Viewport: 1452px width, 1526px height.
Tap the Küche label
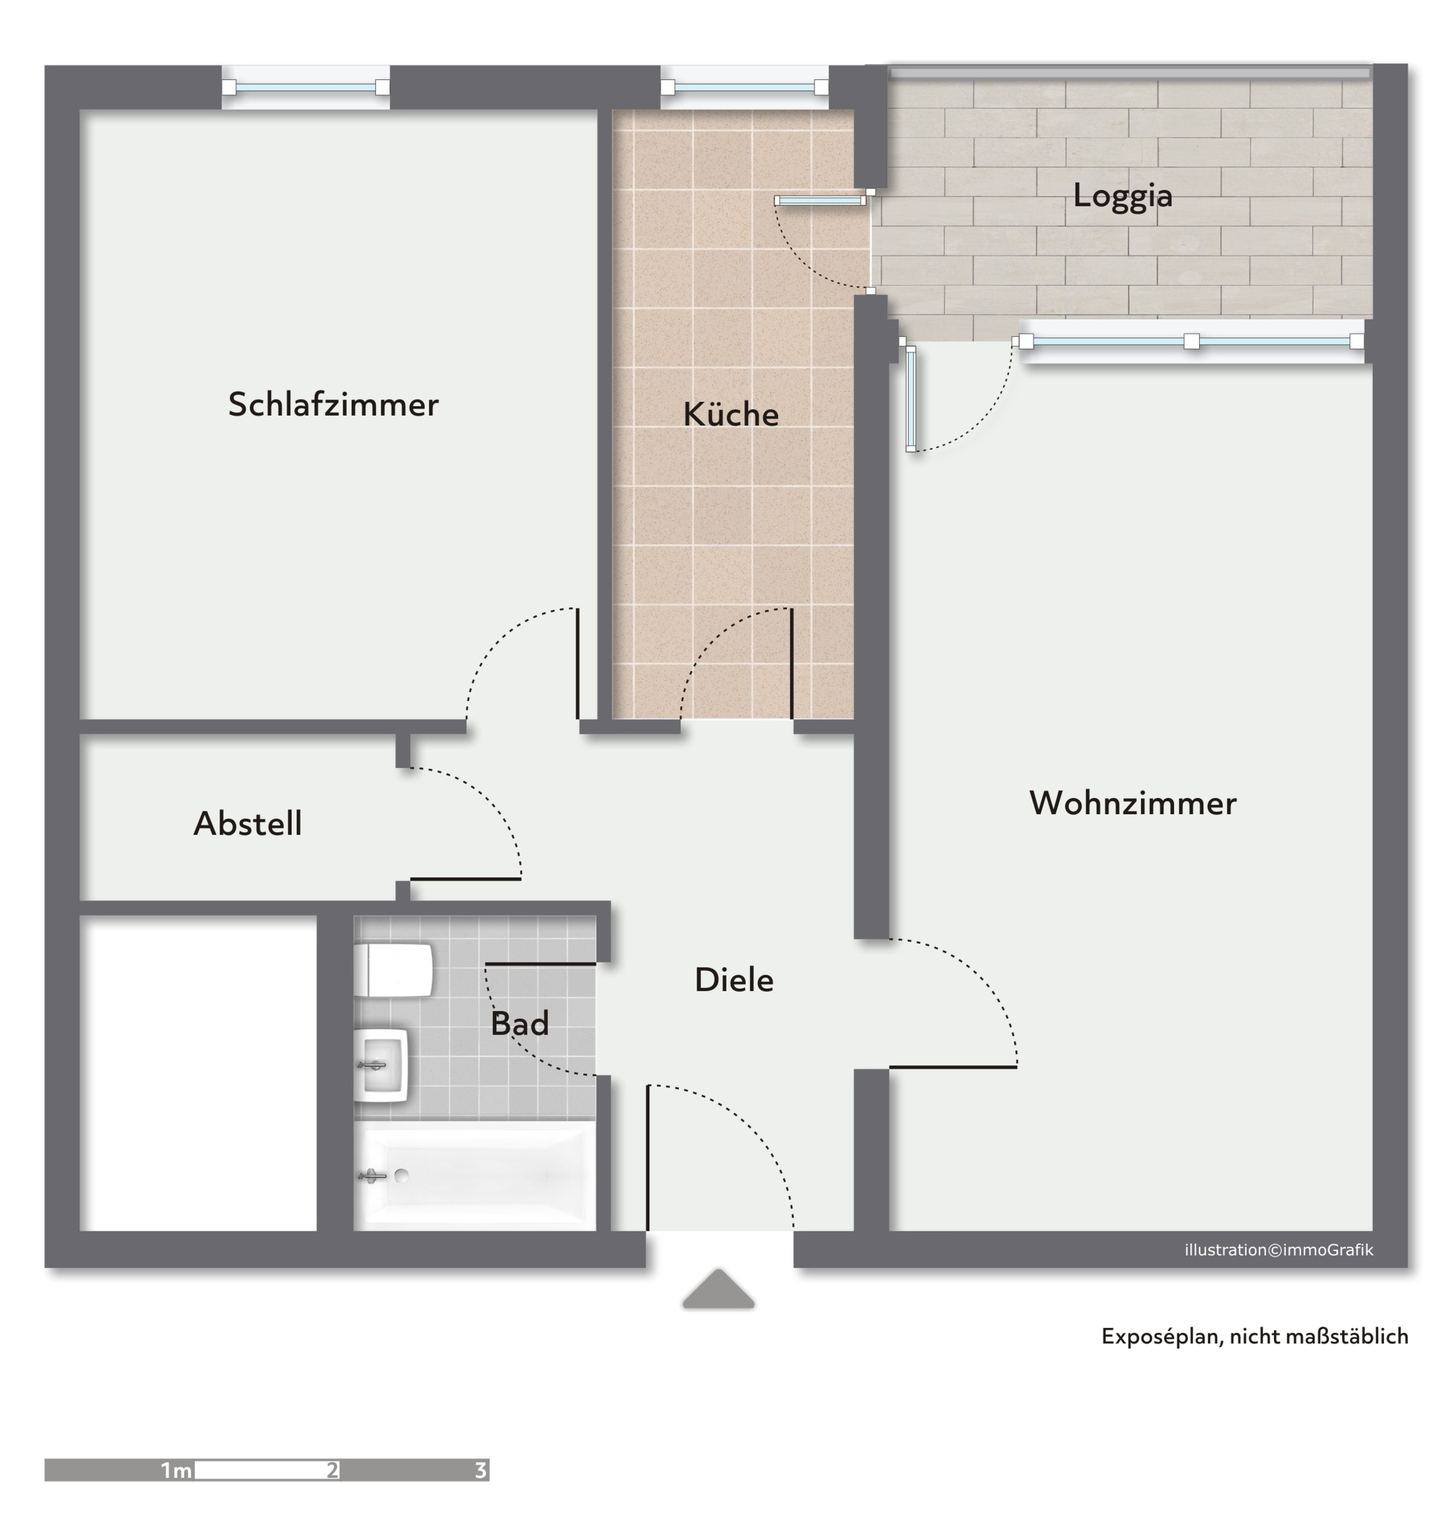point(731,414)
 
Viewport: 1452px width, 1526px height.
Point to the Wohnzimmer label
point(1132,803)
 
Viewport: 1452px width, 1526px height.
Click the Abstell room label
point(248,823)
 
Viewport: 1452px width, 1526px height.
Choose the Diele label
point(734,980)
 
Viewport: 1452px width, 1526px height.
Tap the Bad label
point(519,1023)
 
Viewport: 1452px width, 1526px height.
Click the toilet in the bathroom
point(393,970)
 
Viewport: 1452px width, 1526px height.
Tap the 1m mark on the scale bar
point(176,1470)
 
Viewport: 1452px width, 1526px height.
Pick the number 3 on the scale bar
point(481,1470)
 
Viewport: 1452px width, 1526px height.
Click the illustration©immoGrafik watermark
point(1279,1250)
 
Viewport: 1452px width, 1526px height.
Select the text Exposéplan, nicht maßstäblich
point(1255,1336)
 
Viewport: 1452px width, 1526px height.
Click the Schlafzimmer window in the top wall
point(306,87)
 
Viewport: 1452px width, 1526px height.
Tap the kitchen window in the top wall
point(745,87)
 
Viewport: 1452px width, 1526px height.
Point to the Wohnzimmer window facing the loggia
point(1192,342)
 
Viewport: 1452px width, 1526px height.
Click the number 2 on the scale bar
point(333,1470)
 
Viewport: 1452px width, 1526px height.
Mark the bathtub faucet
point(372,1176)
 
